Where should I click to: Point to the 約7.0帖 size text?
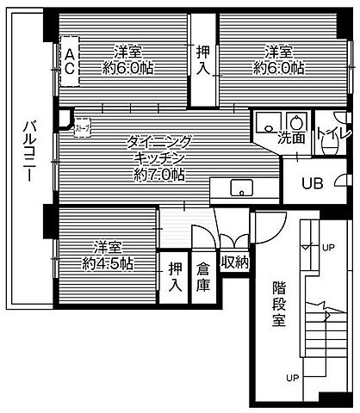[158, 174]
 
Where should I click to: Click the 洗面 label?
[291, 137]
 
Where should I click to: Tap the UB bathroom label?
[311, 182]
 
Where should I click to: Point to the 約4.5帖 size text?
[109, 263]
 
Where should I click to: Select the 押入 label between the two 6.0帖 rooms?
[202, 59]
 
